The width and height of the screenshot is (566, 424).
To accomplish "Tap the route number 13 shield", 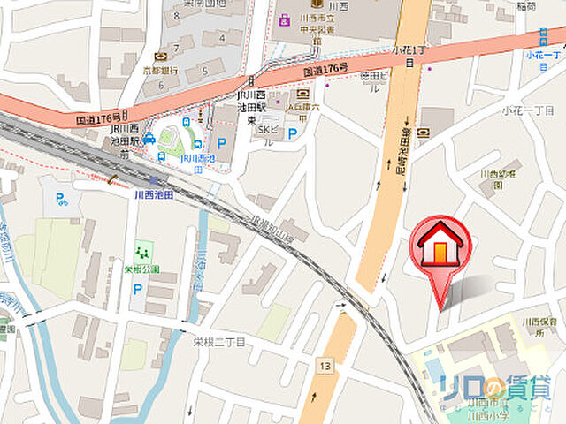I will coord(328,366).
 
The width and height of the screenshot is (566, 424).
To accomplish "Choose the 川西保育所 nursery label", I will coord(538,327).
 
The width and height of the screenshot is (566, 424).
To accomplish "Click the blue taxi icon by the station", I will coord(150,140).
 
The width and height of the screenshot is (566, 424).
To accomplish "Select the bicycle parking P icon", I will coord(61,200).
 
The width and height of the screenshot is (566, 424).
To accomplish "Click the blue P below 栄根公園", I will coord(138,288).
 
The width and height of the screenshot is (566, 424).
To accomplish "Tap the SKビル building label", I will coord(267,134).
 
